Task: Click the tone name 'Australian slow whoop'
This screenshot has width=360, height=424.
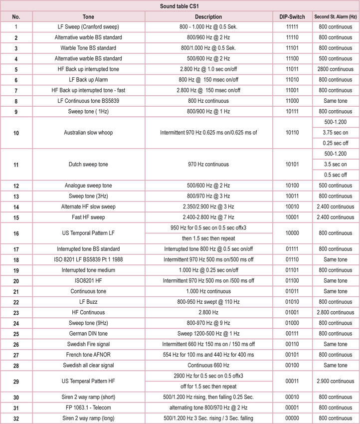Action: click(x=88, y=133)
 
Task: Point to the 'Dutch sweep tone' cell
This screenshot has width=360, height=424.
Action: click(x=88, y=165)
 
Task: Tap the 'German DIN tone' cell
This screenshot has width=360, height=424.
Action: click(x=88, y=333)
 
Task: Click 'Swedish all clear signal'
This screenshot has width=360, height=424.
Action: click(x=88, y=365)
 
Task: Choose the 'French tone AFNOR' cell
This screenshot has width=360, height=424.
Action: click(x=88, y=355)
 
